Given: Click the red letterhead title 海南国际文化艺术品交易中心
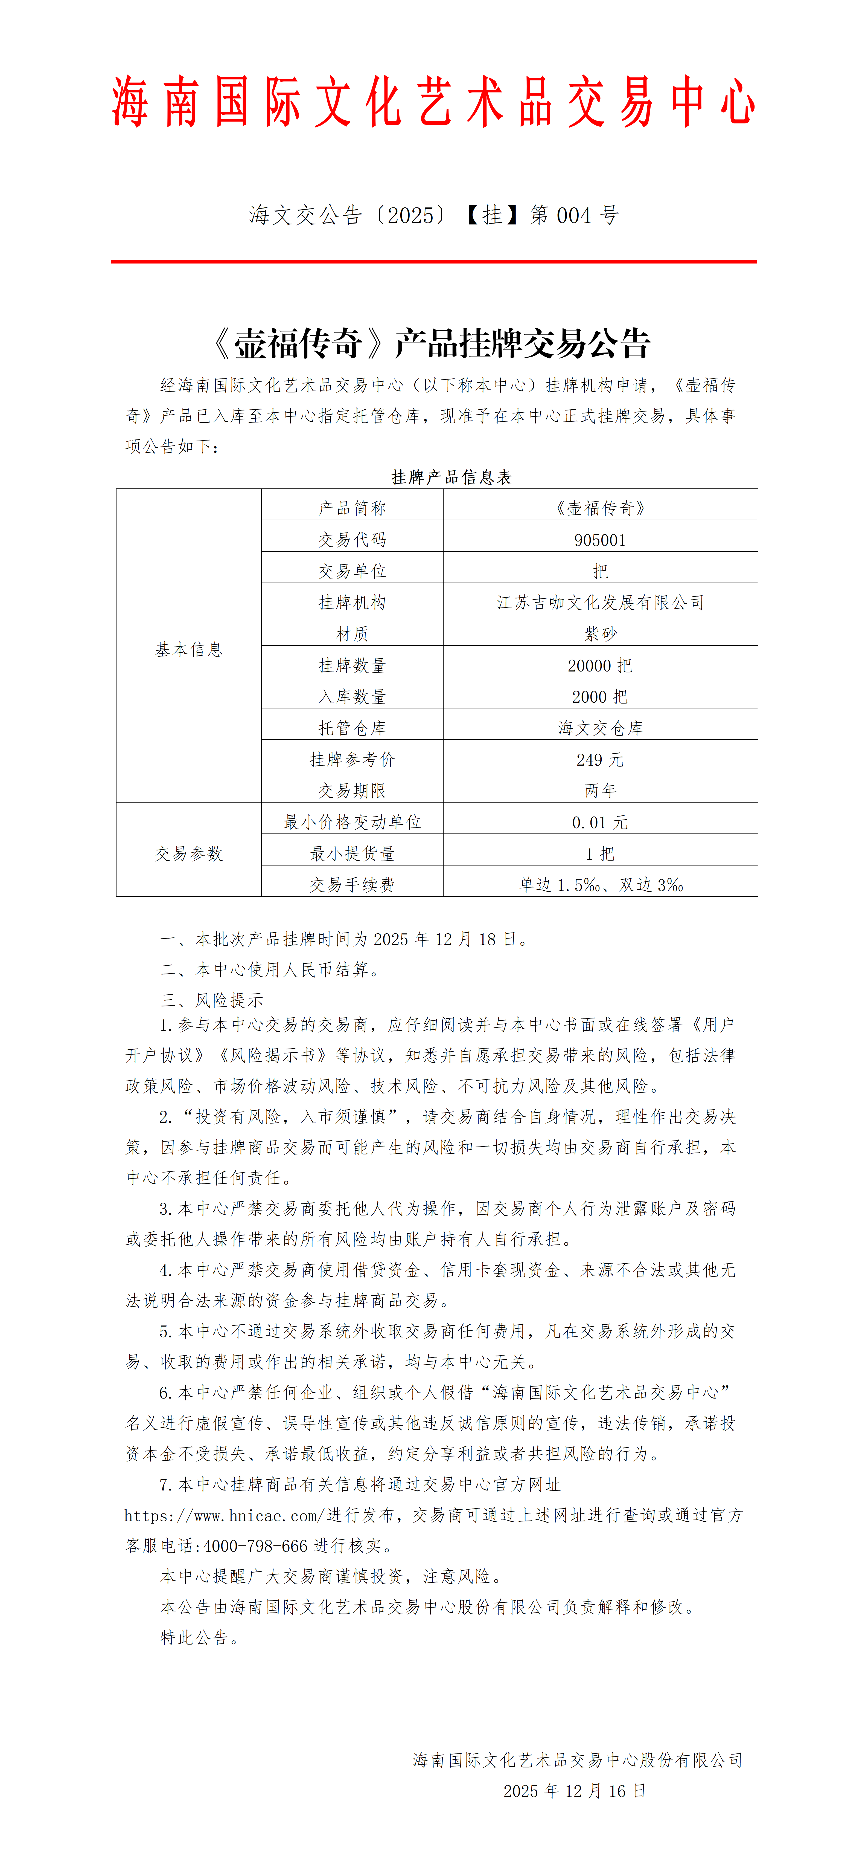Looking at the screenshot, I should coord(433,103).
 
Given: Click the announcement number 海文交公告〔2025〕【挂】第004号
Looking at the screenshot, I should coord(433,215).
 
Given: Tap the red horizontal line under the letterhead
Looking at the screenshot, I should coord(433,261).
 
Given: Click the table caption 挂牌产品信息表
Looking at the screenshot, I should coord(452,477).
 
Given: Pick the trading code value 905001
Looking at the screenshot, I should coord(600,540).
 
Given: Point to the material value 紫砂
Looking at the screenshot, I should coord(600,633).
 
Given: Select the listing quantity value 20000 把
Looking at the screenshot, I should coord(600,665).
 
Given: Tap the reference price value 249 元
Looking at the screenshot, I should coord(600,759).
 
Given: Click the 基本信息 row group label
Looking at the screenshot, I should coord(188,649).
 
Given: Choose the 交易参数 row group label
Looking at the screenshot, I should coord(188,854).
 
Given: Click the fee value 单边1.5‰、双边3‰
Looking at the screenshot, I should coord(600,885).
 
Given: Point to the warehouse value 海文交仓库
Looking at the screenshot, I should coord(600,728).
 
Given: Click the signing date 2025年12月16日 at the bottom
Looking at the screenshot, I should coord(574,1791).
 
